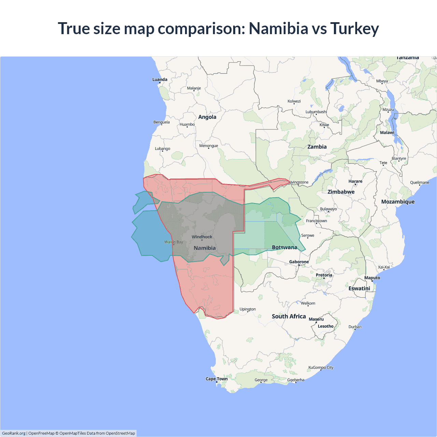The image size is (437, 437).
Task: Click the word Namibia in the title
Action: tap(278, 28)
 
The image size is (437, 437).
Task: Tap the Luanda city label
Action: tap(160, 80)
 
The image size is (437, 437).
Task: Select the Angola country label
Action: tap(207, 117)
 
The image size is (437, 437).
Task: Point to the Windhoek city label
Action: tap(202, 237)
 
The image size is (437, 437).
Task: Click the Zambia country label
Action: tap(317, 147)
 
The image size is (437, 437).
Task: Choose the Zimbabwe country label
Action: tap(341, 192)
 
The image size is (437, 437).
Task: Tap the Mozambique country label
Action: tap(398, 202)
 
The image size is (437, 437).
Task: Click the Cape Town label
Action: tap(216, 379)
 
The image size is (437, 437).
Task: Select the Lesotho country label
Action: tap(325, 326)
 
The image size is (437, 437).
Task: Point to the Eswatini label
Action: tap(359, 288)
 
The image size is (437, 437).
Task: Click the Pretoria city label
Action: tap(324, 275)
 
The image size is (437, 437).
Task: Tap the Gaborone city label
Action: tap(299, 262)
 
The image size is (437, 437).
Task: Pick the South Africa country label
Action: tap(288, 316)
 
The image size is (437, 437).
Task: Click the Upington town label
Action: tap(248, 309)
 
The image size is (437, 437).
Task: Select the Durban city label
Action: tap(355, 327)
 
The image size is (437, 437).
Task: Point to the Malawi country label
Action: tap(387, 132)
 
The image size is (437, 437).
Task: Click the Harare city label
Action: tap(355, 181)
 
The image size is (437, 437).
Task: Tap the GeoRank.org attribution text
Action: tap(14, 433)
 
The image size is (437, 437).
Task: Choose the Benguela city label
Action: tap(161, 122)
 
